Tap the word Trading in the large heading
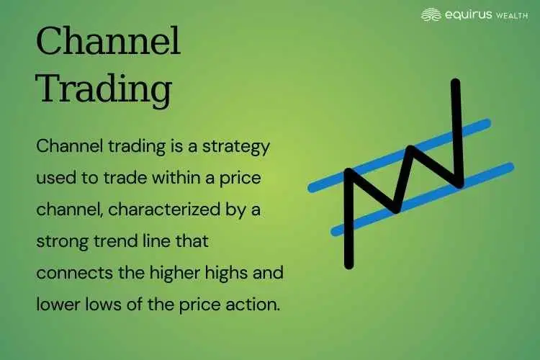pyautogui.click(x=104, y=90)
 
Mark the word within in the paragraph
pyautogui.click(x=160, y=178)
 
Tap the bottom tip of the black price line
pyautogui.click(x=349, y=264)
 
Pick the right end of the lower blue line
pyautogui.click(x=510, y=167)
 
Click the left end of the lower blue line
pyautogui.click(x=333, y=232)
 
